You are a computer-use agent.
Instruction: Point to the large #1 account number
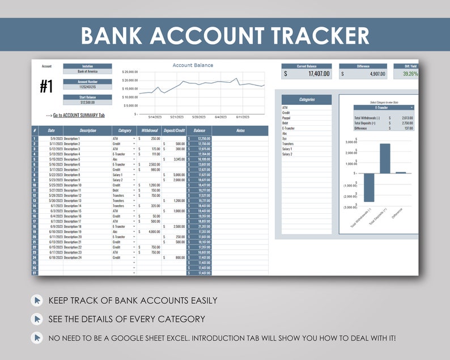[x=46, y=86]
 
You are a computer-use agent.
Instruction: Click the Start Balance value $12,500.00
[x=87, y=102]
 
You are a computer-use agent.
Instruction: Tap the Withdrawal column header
[x=150, y=130]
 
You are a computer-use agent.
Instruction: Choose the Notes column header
[x=240, y=130]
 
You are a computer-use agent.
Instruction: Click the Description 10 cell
[x=73, y=185]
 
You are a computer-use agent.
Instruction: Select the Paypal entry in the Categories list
[x=286, y=118]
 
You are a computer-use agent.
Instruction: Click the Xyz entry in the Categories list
[x=285, y=139]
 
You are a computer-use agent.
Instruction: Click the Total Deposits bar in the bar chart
[x=385, y=158]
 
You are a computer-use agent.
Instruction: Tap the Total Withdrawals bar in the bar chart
[x=369, y=187]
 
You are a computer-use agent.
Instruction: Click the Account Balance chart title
[x=193, y=65]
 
